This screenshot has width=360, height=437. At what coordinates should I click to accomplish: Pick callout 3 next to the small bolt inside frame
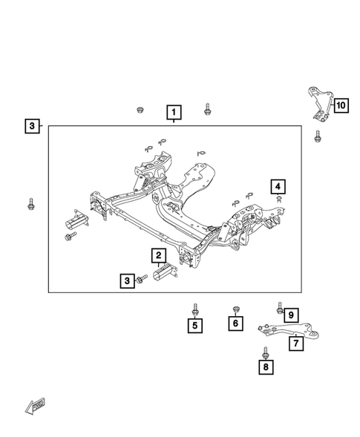(x=127, y=280)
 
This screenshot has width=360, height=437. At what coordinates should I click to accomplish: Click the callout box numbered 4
(x=277, y=186)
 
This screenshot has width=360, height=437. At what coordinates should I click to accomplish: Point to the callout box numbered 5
(x=194, y=324)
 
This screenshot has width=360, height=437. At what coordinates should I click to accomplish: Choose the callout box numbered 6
(x=235, y=324)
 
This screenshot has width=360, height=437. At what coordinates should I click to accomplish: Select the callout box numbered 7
(x=295, y=343)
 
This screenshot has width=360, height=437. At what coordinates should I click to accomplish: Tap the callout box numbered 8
(x=265, y=366)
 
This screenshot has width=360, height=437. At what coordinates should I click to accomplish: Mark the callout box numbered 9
(x=292, y=314)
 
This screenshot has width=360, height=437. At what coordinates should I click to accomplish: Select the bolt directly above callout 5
(x=194, y=307)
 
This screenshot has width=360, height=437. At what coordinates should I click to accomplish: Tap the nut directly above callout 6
(x=235, y=308)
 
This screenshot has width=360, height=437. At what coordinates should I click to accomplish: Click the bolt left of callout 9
(x=280, y=307)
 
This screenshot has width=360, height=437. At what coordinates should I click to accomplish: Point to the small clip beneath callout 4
(x=277, y=199)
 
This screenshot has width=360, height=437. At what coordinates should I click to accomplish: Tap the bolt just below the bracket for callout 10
(x=317, y=137)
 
